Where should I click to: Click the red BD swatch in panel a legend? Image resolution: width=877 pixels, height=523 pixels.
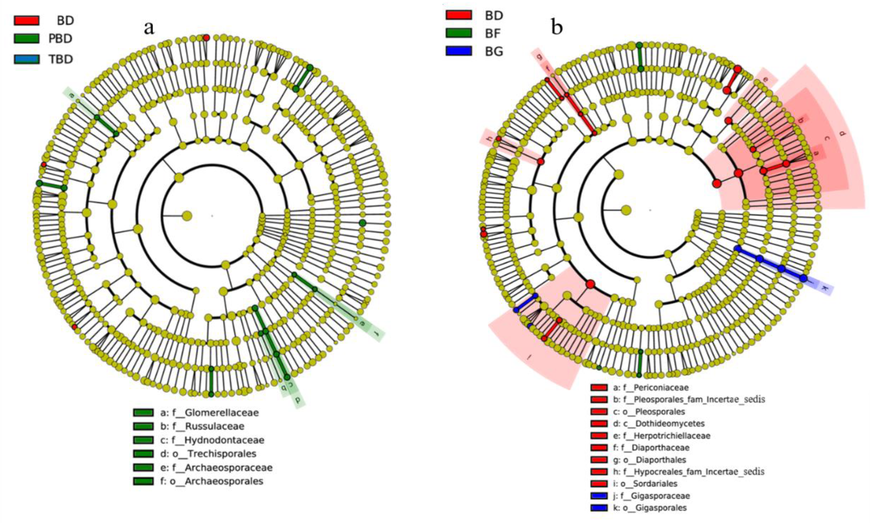[27, 20]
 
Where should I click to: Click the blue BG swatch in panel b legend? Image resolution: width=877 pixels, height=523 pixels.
[459, 51]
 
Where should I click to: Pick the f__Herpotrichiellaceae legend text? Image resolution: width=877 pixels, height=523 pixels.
[662, 436]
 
